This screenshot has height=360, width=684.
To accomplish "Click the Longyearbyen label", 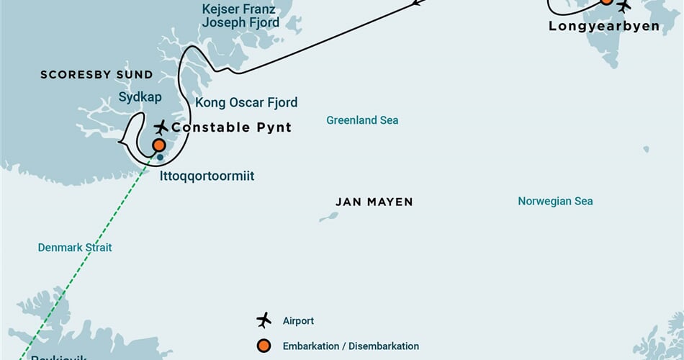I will point(604,26).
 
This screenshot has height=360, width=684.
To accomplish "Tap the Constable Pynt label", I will point(231,127).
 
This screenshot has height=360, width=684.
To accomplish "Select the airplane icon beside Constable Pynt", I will point(161,127).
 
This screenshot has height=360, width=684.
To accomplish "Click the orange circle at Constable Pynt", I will point(159,145).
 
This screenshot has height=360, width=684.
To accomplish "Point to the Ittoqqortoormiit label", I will point(207,176).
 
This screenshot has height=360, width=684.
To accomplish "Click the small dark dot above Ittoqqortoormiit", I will point(161,156).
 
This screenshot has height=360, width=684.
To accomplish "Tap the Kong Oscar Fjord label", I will point(246,103).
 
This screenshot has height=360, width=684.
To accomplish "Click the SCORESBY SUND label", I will point(96,75).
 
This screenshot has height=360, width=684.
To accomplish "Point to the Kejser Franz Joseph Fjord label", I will point(240,17).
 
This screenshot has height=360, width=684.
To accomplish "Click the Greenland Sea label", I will point(362,120).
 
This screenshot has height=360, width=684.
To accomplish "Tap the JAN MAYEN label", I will point(374,202).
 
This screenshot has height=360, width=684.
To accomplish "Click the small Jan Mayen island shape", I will point(329,216).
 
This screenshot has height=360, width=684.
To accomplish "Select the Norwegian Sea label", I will point(555,202).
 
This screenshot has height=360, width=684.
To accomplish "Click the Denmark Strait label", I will point(75,248).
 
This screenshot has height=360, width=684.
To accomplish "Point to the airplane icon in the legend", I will point(264,320).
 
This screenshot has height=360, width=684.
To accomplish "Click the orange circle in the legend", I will point(264,346).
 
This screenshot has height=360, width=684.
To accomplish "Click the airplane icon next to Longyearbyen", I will point(624,6).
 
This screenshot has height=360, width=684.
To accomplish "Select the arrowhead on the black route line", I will point(417,4).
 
